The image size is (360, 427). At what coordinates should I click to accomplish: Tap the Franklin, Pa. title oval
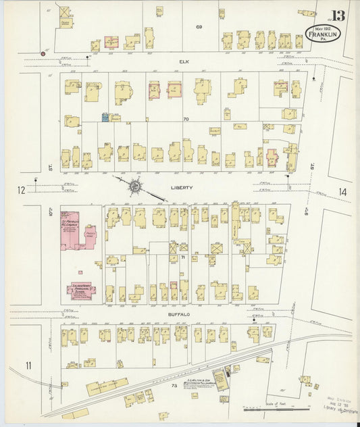326,34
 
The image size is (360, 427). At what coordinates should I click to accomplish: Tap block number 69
199,26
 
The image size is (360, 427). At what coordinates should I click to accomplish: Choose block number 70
185,119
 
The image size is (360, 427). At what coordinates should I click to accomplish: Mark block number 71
182,257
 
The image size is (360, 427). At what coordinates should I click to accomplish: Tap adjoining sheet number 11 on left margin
28,366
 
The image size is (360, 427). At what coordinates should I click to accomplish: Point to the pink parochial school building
80,290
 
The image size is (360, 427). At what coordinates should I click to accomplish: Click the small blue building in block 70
105,118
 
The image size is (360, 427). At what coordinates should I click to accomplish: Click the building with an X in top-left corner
64,12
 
